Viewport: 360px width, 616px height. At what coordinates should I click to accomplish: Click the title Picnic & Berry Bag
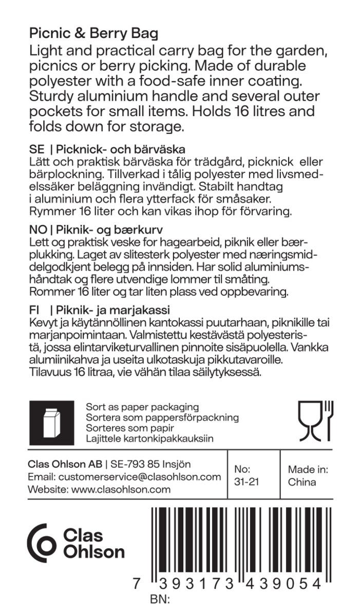tap(93, 34)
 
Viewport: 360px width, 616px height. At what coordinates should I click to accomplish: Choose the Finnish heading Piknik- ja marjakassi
tap(113, 311)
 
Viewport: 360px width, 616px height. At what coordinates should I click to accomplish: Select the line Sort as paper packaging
tap(142, 407)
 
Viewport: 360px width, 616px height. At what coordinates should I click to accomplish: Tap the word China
tap(302, 482)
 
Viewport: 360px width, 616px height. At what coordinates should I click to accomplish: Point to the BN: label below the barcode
tap(160, 599)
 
